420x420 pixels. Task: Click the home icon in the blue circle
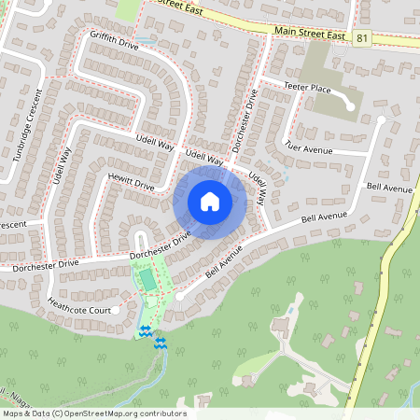(210, 201)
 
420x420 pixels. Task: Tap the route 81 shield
(361, 37)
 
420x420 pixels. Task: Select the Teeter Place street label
(308, 88)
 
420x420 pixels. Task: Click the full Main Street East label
(310, 34)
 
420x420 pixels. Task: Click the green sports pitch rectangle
(147, 279)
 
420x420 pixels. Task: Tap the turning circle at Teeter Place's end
(351, 106)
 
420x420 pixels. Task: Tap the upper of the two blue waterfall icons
(145, 331)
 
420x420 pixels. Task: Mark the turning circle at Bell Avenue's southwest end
(180, 295)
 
